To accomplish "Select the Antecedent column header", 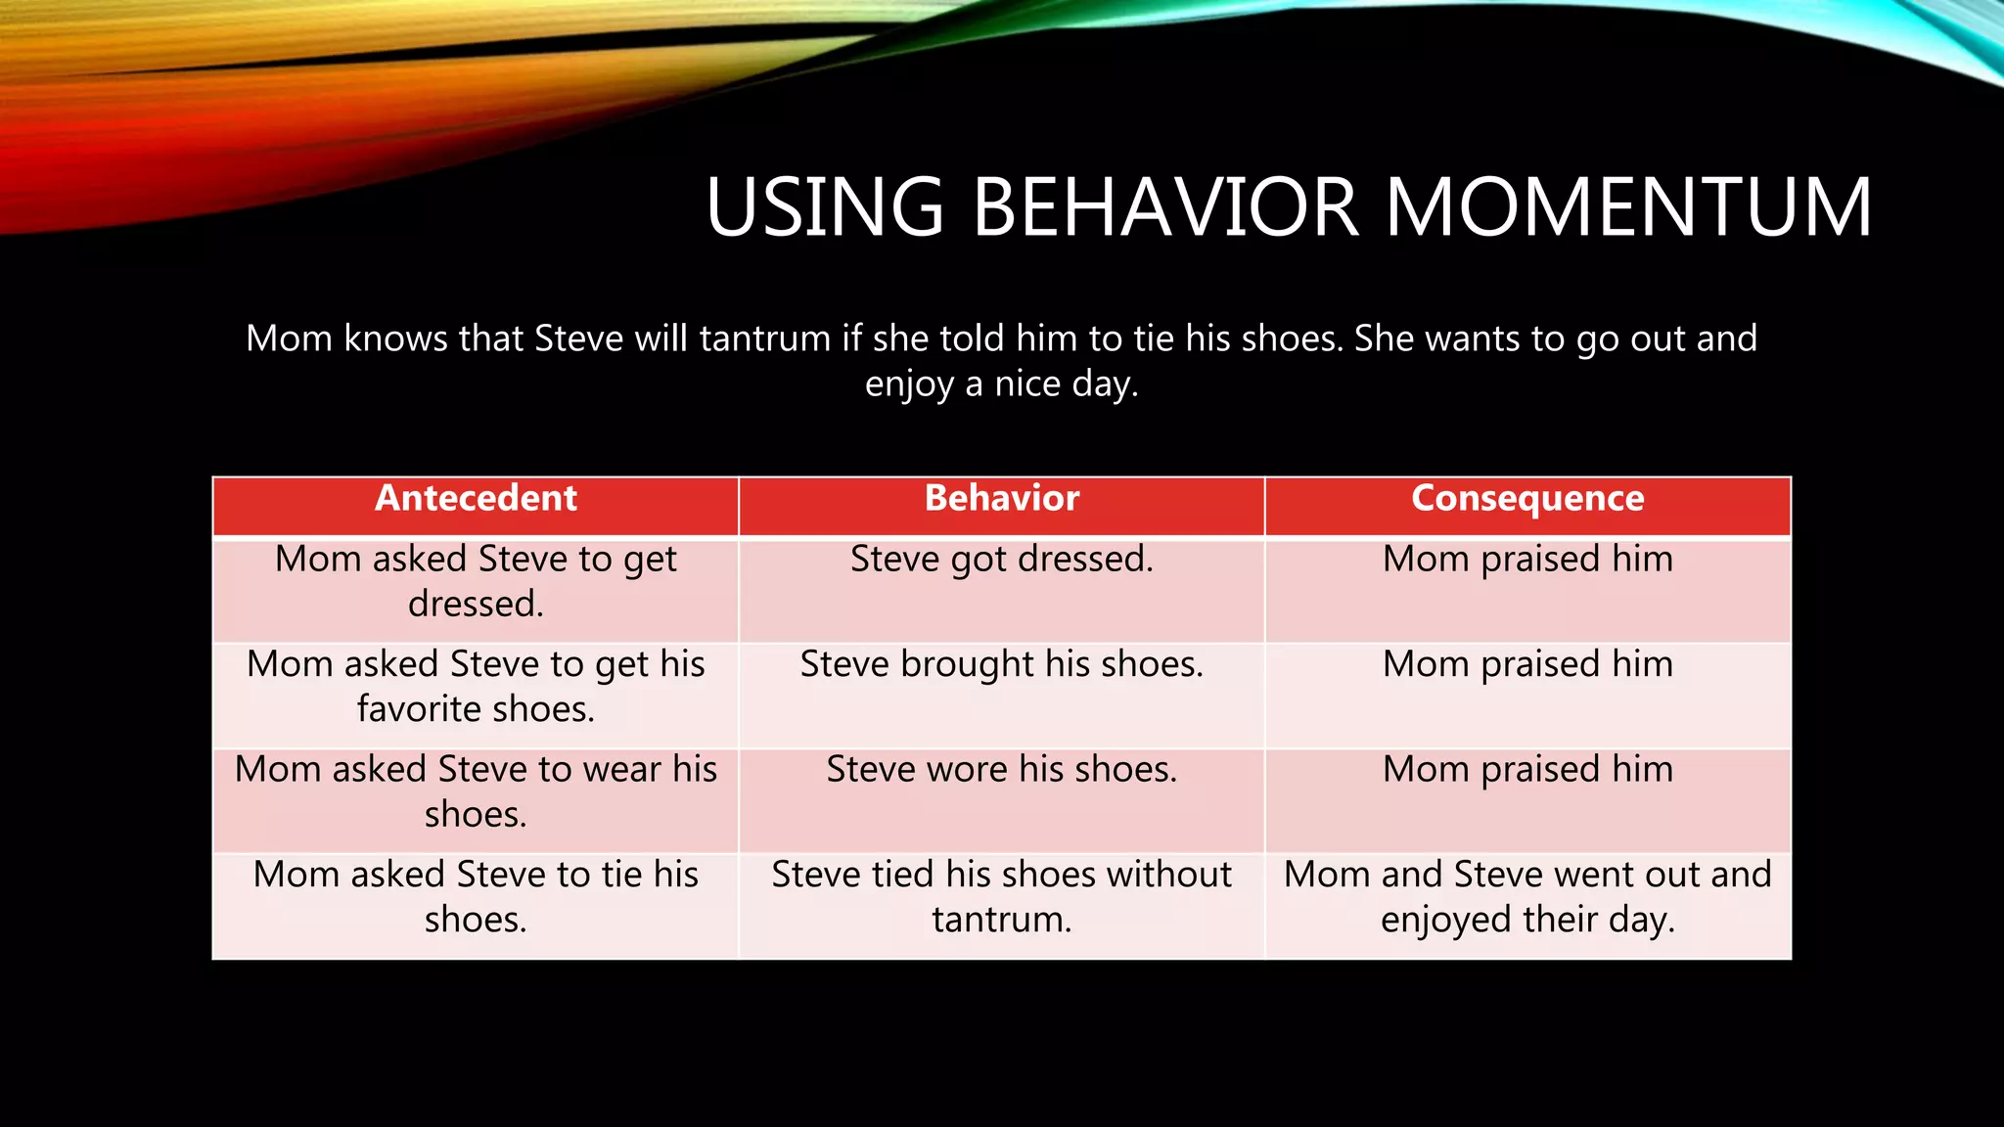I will click(x=476, y=499).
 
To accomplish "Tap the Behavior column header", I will click(x=1001, y=499).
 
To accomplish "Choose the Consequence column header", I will click(x=1527, y=499).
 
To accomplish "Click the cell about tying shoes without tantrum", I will click(x=1001, y=897).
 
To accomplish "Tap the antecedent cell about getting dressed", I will click(x=476, y=581).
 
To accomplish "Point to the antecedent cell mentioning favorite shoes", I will click(x=476, y=687).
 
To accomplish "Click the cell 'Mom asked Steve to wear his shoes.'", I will click(x=476, y=791).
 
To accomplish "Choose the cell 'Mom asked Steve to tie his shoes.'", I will click(x=476, y=897).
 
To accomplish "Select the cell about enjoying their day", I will click(x=1527, y=897).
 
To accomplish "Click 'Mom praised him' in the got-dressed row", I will click(x=1527, y=560).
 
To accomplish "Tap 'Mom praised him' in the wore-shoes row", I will click(x=1527, y=770).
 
